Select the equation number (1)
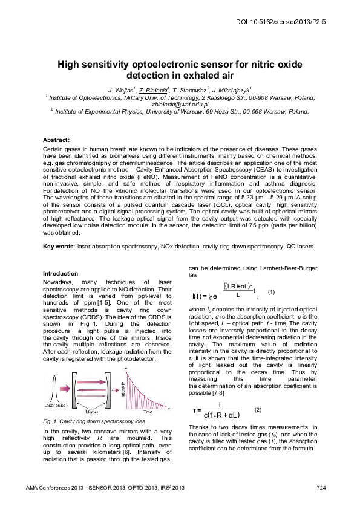pyautogui.click(x=271, y=293)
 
